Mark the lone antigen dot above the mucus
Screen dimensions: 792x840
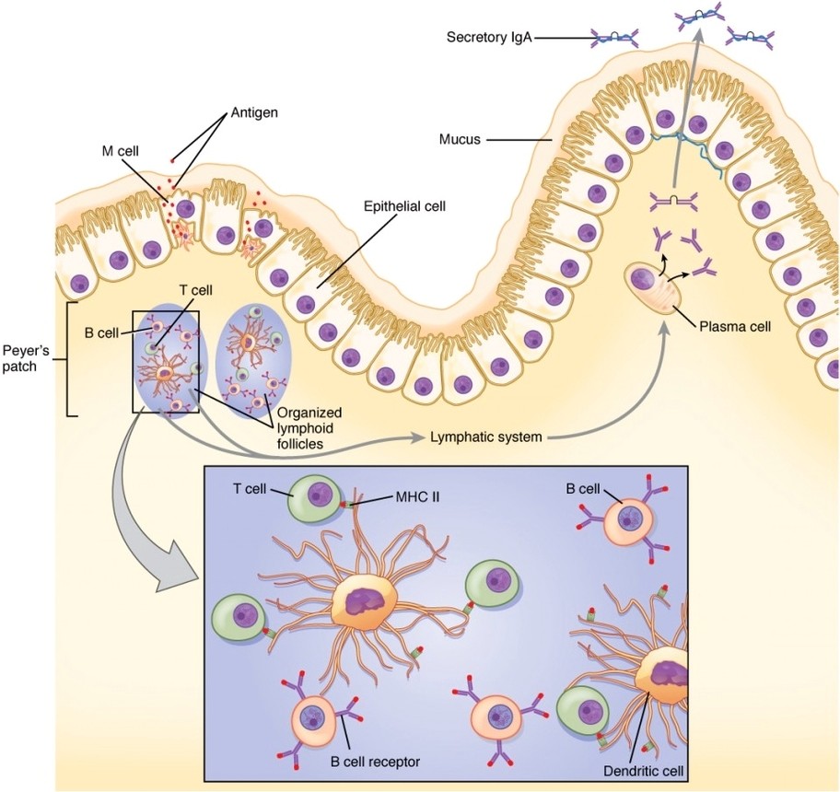[172, 161]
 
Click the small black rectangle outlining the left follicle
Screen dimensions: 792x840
[166, 362]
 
